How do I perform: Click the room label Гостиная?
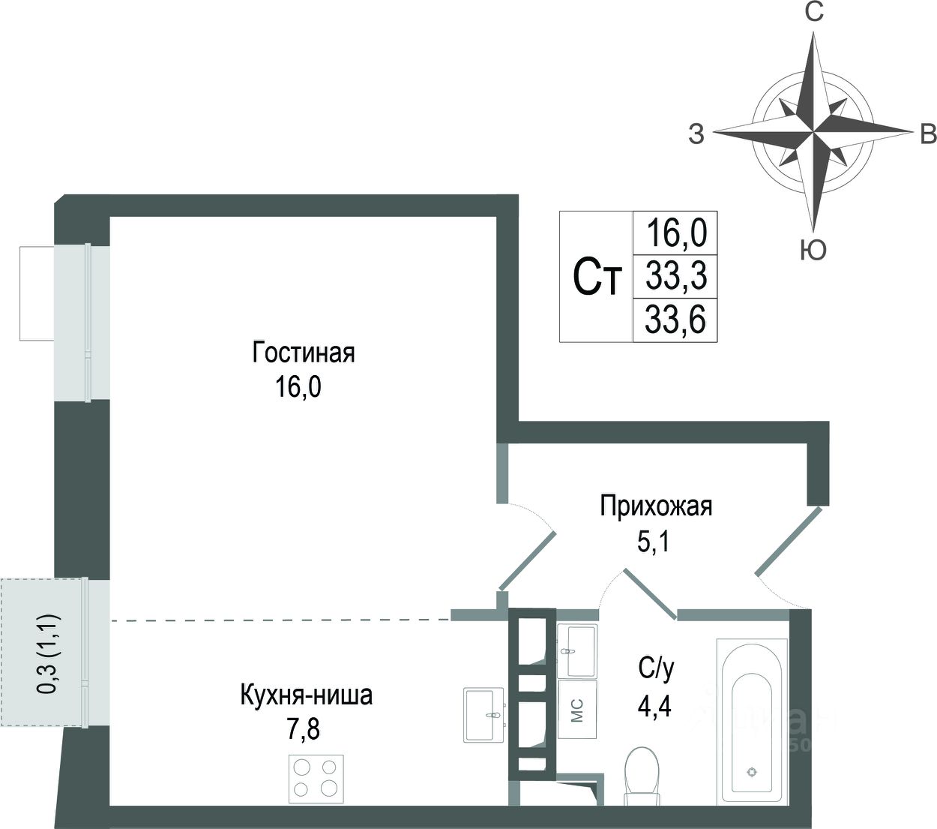pyautogui.click(x=303, y=353)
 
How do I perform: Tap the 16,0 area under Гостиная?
pyautogui.click(x=298, y=389)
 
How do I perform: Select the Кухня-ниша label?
pyautogui.click(x=306, y=695)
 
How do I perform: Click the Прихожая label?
pyautogui.click(x=655, y=506)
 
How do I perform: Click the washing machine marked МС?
pyautogui.click(x=577, y=710)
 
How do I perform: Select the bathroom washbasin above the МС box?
pyautogui.click(x=576, y=650)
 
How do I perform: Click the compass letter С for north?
pyautogui.click(x=814, y=14)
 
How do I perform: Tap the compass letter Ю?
pyautogui.click(x=813, y=251)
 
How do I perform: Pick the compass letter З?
pyautogui.click(x=696, y=134)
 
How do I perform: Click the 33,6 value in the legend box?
pyautogui.click(x=675, y=321)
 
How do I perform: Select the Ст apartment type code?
pyautogui.click(x=597, y=278)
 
